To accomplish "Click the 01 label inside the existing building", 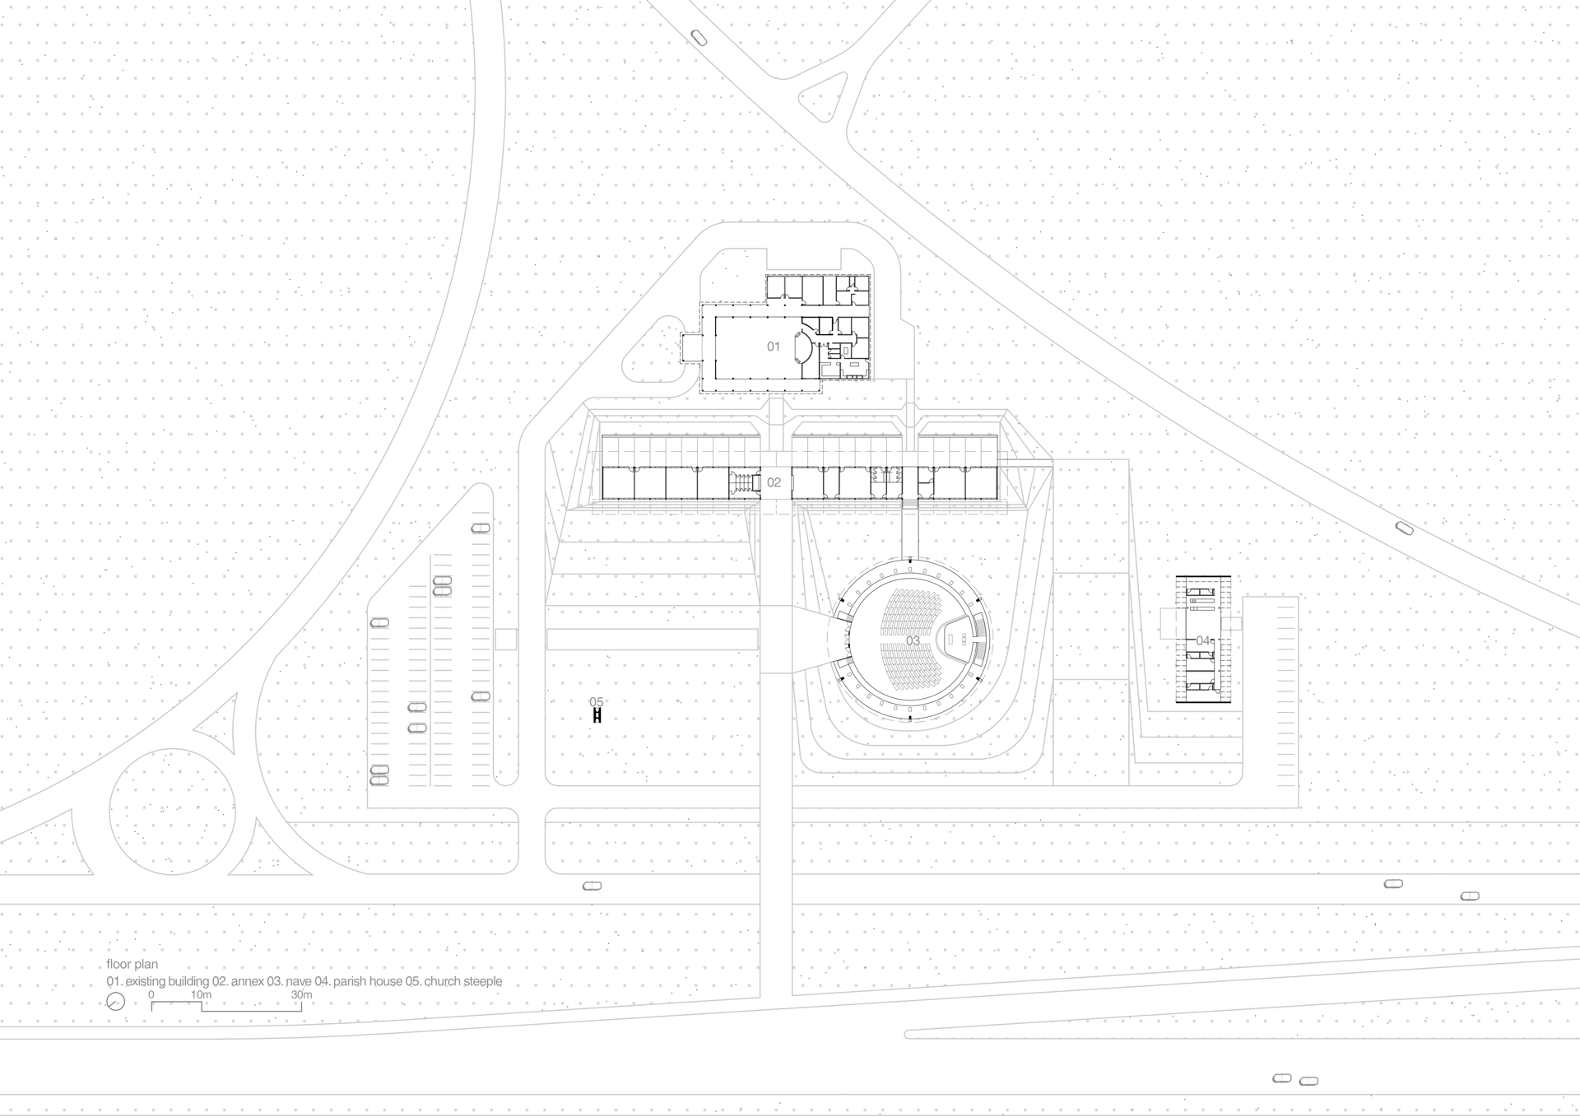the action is [x=774, y=347].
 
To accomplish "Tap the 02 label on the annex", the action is [x=774, y=482].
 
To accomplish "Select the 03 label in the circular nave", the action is [x=913, y=641].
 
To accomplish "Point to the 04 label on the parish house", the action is [x=1203, y=640].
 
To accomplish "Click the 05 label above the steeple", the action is [x=597, y=702].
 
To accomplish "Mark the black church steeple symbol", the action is [x=597, y=717].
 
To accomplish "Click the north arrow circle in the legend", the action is [x=116, y=1002].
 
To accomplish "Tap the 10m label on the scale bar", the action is [x=201, y=995].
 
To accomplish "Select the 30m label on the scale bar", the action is [x=301, y=995].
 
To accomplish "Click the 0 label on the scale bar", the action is [x=151, y=995].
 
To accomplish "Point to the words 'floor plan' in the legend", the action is [x=132, y=964].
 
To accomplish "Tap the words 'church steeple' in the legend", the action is [x=463, y=982].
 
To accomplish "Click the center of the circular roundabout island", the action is [x=173, y=812].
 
